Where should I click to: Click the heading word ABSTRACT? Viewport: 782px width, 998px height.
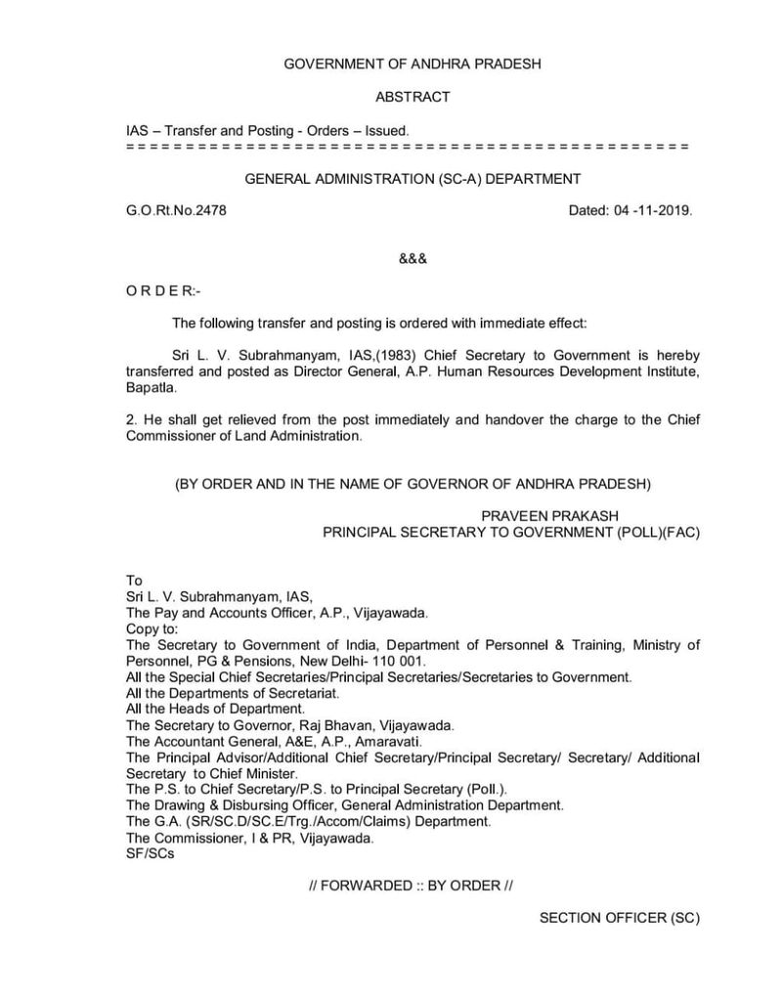click(413, 97)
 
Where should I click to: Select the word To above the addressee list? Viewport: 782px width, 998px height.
click(135, 581)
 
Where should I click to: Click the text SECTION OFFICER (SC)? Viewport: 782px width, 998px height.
click(619, 918)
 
